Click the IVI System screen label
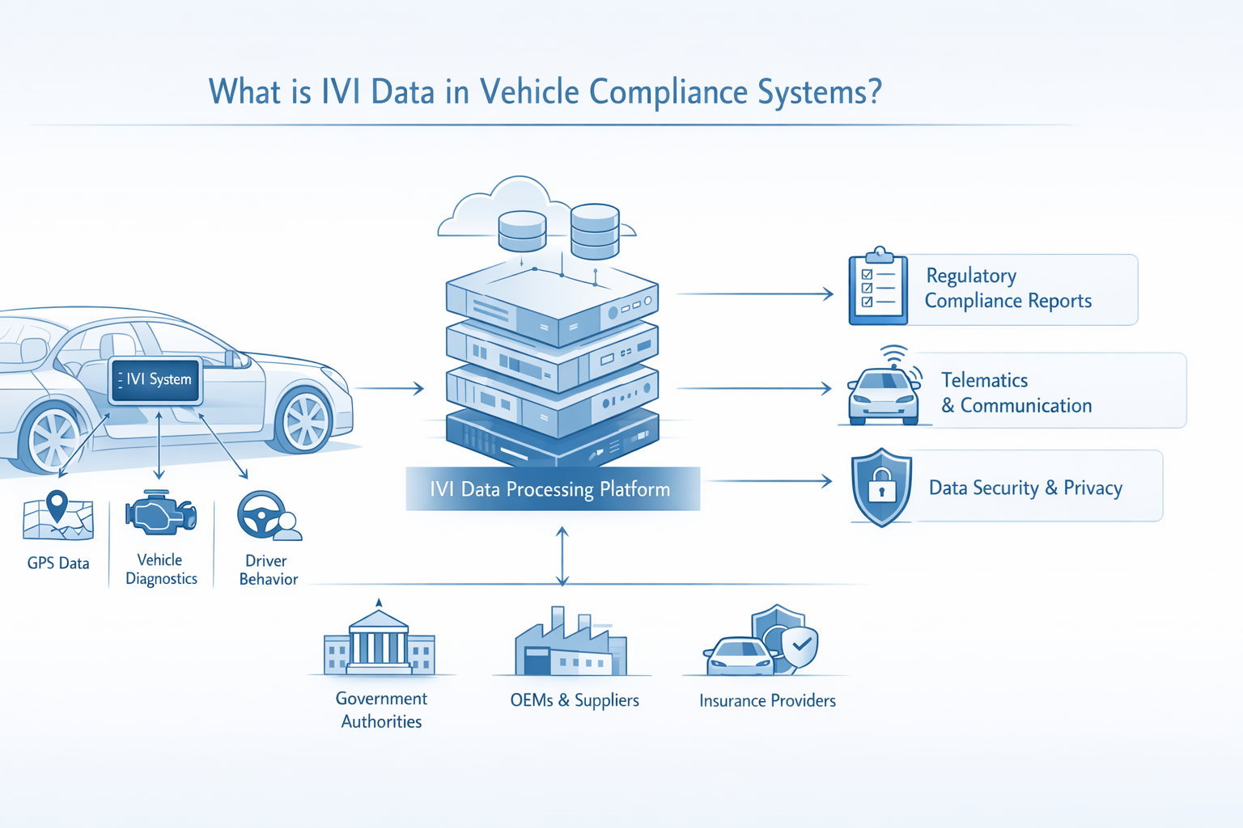[x=155, y=380]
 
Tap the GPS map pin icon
[x=57, y=508]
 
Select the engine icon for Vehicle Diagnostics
[x=160, y=514]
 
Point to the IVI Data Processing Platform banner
[x=552, y=489]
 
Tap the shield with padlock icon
[x=881, y=487]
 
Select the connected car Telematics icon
[x=884, y=390]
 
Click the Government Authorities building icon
[x=380, y=644]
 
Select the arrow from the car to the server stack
[x=388, y=389]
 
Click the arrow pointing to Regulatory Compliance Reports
[x=754, y=294]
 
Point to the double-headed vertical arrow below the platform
[x=562, y=556]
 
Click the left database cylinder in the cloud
[x=522, y=231]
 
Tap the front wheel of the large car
[x=305, y=420]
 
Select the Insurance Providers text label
[x=767, y=701]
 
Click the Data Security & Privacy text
[x=1025, y=488]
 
